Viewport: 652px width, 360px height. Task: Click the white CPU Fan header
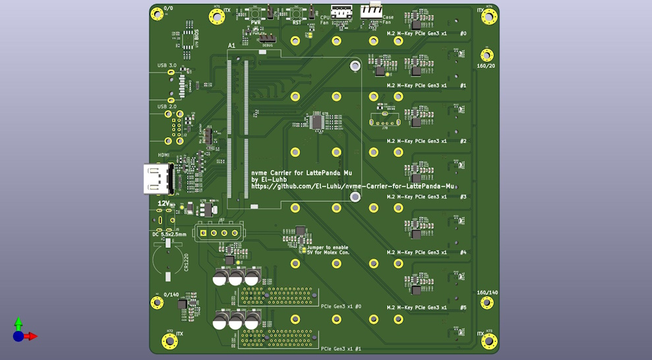[341, 11]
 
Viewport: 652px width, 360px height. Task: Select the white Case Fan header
[371, 10]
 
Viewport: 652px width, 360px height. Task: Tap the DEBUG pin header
[267, 38]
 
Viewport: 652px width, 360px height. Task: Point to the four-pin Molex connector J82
[219, 233]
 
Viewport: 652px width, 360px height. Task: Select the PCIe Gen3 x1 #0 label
[341, 307]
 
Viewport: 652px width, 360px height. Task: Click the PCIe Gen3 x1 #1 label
[341, 349]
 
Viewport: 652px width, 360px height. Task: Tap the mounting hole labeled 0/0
[157, 14]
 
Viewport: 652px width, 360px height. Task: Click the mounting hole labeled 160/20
[487, 55]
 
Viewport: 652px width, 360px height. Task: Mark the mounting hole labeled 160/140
[487, 303]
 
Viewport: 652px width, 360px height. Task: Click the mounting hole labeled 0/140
[157, 303]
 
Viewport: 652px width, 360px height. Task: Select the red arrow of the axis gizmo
[31, 336]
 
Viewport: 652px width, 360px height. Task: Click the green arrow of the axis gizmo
[18, 323]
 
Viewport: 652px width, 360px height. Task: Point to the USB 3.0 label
[167, 66]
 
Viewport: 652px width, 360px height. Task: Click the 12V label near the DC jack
[163, 204]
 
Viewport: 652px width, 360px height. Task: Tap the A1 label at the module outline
[231, 45]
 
